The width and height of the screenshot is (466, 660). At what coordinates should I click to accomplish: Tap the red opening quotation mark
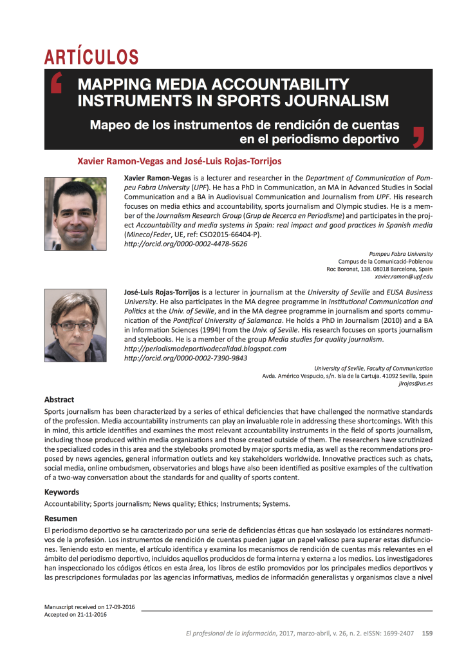[x=57, y=84]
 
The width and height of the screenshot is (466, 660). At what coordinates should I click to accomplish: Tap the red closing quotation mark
[x=419, y=135]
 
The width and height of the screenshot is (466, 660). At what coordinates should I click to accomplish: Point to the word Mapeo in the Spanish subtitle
[x=109, y=124]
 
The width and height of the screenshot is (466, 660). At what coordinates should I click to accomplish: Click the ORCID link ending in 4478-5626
[x=185, y=244]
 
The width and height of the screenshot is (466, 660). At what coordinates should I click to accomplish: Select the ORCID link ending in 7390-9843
[x=185, y=358]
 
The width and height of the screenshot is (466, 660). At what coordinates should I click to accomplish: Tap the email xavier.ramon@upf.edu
[x=404, y=277]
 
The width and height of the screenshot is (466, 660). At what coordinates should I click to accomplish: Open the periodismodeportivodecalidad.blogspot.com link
[x=205, y=349]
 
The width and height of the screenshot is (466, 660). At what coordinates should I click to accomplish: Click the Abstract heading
[x=59, y=400]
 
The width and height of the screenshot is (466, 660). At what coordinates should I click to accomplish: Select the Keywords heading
[x=62, y=492]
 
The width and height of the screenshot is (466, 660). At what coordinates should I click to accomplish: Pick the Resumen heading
[x=61, y=518]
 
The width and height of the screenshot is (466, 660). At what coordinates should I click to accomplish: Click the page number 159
[x=427, y=633]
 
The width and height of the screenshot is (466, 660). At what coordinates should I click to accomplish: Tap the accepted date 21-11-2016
[x=90, y=615]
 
